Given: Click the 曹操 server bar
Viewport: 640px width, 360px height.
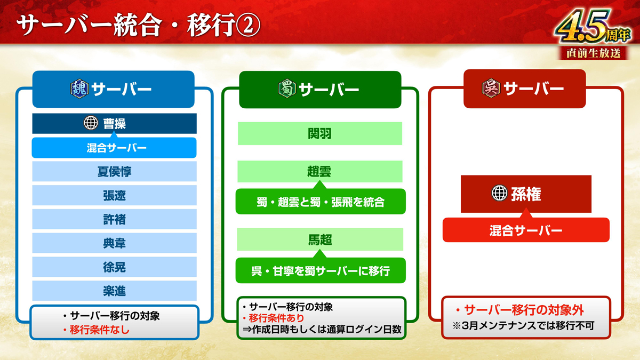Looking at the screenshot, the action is click(x=114, y=123).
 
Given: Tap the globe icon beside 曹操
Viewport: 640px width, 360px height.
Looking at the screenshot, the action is click(x=91, y=123).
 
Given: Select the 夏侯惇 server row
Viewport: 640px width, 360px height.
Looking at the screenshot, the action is click(x=114, y=171).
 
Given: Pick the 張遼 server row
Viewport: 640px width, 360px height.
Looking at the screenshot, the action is click(x=114, y=195).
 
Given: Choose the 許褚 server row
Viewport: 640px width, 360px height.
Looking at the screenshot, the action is click(x=114, y=219).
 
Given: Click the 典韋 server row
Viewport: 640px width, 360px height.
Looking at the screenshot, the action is click(x=114, y=243).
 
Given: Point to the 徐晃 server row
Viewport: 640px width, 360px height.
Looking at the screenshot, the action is click(x=114, y=267).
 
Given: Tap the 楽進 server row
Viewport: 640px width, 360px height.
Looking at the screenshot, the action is click(x=114, y=291).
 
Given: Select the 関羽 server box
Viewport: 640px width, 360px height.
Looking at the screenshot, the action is click(x=320, y=133).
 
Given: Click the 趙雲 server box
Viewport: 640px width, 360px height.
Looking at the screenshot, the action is click(x=320, y=171).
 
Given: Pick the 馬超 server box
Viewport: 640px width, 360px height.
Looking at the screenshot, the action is click(x=320, y=239).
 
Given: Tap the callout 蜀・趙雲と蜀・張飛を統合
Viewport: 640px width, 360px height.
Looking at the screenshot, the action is click(x=321, y=202).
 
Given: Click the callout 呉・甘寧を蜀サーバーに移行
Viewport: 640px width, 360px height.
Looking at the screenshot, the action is click(x=321, y=270).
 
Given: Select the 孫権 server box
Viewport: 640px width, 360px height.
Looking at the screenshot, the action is click(x=526, y=194).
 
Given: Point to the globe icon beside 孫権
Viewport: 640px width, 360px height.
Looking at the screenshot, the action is click(x=499, y=193).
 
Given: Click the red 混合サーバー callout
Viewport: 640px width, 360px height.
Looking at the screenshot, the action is click(x=526, y=230).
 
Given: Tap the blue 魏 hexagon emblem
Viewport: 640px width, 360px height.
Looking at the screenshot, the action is click(x=79, y=89).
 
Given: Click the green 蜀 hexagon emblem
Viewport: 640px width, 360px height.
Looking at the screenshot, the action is click(x=287, y=89).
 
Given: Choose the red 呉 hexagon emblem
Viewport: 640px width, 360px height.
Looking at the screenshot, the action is click(x=491, y=88).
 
